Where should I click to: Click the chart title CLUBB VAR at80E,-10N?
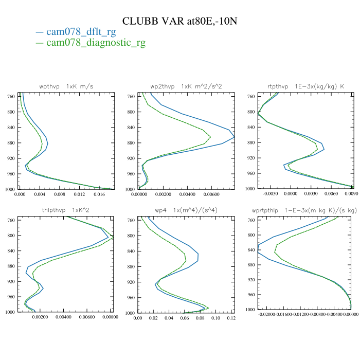coord(179,21)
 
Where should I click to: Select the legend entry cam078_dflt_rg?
coord(81,32)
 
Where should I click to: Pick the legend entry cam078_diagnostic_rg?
coord(96,43)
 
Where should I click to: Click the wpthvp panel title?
coord(65,86)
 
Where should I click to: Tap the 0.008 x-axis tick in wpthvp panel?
coord(60,195)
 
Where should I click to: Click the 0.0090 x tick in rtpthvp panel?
coord(351,195)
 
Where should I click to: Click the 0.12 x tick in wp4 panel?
coord(231,319)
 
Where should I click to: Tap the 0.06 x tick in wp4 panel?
coord(184,319)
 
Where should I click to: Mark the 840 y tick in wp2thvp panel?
coord(131,128)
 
